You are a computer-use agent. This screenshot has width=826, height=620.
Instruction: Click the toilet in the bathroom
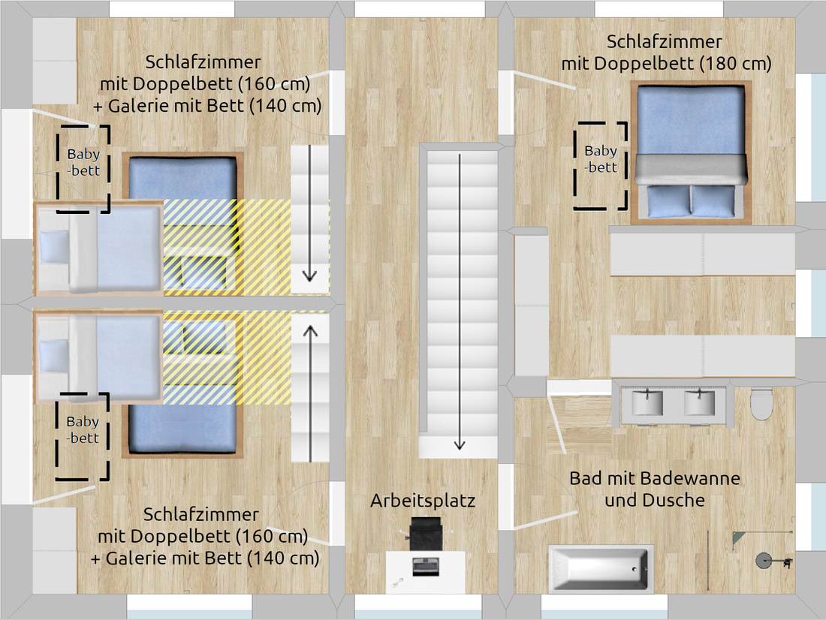coord(761,404)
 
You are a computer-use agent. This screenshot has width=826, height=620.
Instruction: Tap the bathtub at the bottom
coord(600,569)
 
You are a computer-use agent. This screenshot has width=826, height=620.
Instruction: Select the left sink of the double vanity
coord(647,402)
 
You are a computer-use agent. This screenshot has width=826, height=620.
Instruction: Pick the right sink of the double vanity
coord(700,402)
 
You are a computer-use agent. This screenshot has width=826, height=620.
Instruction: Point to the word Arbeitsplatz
coord(423,501)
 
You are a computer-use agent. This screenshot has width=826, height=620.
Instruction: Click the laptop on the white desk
coord(426,566)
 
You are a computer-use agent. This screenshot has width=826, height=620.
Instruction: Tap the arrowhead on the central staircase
coord(460,444)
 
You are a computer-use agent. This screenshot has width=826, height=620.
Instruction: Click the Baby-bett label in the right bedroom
coord(601,158)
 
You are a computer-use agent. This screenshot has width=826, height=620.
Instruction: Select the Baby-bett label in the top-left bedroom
coord(84,162)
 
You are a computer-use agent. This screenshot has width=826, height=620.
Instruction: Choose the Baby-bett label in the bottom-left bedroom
coord(83,429)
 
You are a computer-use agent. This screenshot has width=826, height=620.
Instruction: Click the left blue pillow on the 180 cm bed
coord(668,200)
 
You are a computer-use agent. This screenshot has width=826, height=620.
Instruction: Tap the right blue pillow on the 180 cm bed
coord(713,200)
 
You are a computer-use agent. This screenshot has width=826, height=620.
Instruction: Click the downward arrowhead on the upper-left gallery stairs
coord(309,275)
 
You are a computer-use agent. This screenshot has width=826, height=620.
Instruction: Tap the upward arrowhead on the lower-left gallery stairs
coord(310,331)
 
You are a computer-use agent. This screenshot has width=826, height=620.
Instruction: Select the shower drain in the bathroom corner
coord(764,561)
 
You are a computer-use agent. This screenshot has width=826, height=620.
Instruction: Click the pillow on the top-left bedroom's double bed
coord(54,246)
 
